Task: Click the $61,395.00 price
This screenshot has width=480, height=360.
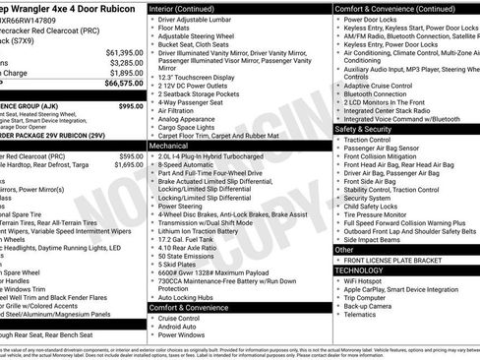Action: pyautogui.click(x=117, y=51)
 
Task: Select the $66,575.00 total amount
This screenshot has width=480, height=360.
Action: pyautogui.click(x=117, y=85)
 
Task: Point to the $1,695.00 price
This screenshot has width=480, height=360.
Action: pyautogui.click(x=127, y=165)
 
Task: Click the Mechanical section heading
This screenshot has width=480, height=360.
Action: pyautogui.click(x=172, y=144)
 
